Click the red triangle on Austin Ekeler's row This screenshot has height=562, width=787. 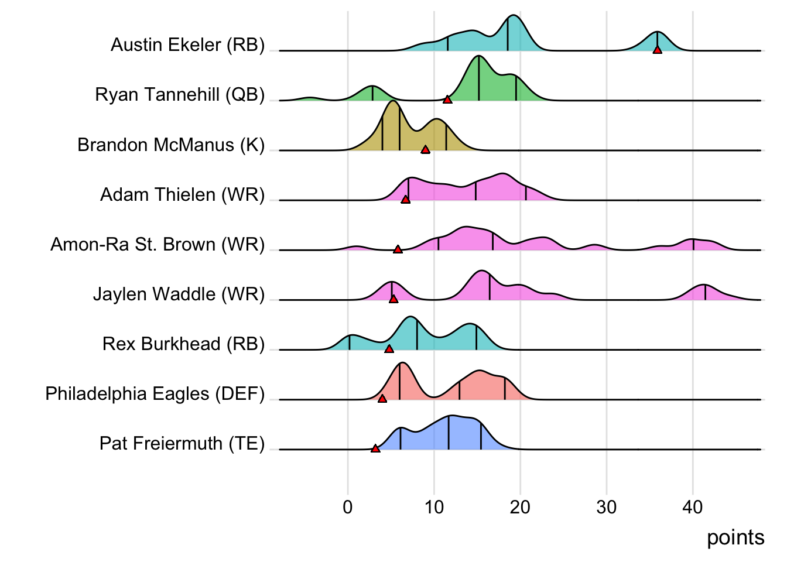pos(658,50)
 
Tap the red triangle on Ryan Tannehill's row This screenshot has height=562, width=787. pos(447,100)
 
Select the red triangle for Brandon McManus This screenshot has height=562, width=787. pos(426,149)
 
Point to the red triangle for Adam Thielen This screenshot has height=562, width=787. pos(405,200)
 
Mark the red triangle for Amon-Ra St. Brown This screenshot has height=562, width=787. pos(398,249)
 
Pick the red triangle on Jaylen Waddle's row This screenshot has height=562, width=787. pos(393,299)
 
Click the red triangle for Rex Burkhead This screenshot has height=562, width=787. pos(389,349)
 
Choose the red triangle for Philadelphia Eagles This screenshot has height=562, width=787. pos(382,399)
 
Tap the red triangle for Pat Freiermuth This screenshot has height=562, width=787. pos(375,448)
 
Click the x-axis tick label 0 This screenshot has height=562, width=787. pos(348,507)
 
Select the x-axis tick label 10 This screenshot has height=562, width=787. pos(434,507)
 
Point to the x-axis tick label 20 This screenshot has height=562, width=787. pos(520,507)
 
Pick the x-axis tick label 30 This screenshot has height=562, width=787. pos(607,507)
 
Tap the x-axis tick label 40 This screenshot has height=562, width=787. pos(693,507)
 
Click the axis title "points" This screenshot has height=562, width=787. pos(735,537)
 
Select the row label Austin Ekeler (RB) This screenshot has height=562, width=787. pos(187,44)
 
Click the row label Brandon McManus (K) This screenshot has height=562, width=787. pos(171,145)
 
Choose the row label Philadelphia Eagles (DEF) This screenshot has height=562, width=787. pos(155,393)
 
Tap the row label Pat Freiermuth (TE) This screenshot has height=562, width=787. pos(182,443)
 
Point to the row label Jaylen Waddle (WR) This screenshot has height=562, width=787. pos(179,294)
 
